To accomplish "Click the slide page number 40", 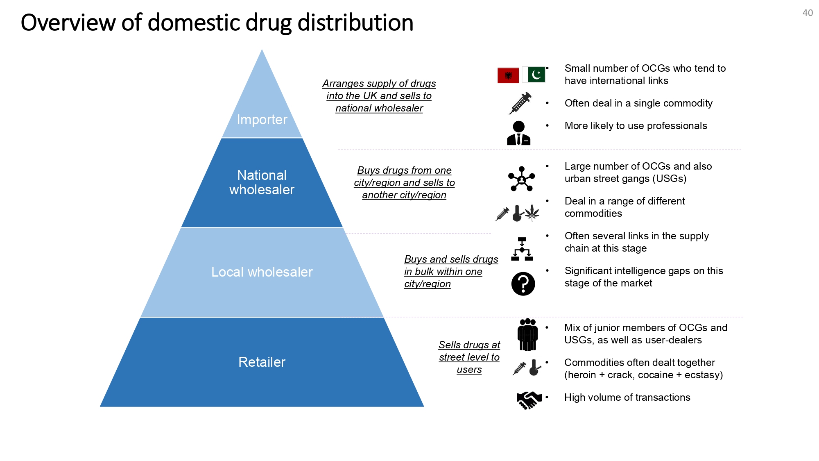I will coord(808,13).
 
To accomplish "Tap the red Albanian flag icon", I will coord(508,75).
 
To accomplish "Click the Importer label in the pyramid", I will coord(262,120).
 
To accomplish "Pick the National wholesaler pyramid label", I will coord(262,182).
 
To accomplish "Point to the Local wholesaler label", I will coord(262,272).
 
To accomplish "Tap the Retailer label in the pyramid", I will coord(262,362).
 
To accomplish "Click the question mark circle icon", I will coord(523,284).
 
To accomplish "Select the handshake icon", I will coord(529,400).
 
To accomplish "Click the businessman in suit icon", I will coord(518,133).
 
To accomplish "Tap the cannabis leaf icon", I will coord(532,212).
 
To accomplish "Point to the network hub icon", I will coord(521,179).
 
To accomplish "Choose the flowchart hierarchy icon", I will coord(522,249).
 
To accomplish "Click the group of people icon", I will coord(527,334).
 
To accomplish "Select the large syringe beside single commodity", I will coord(520,103).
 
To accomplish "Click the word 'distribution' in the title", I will coord(355,23).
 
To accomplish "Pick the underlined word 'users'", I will coord(469,370).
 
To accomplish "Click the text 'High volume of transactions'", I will coord(627,397).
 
